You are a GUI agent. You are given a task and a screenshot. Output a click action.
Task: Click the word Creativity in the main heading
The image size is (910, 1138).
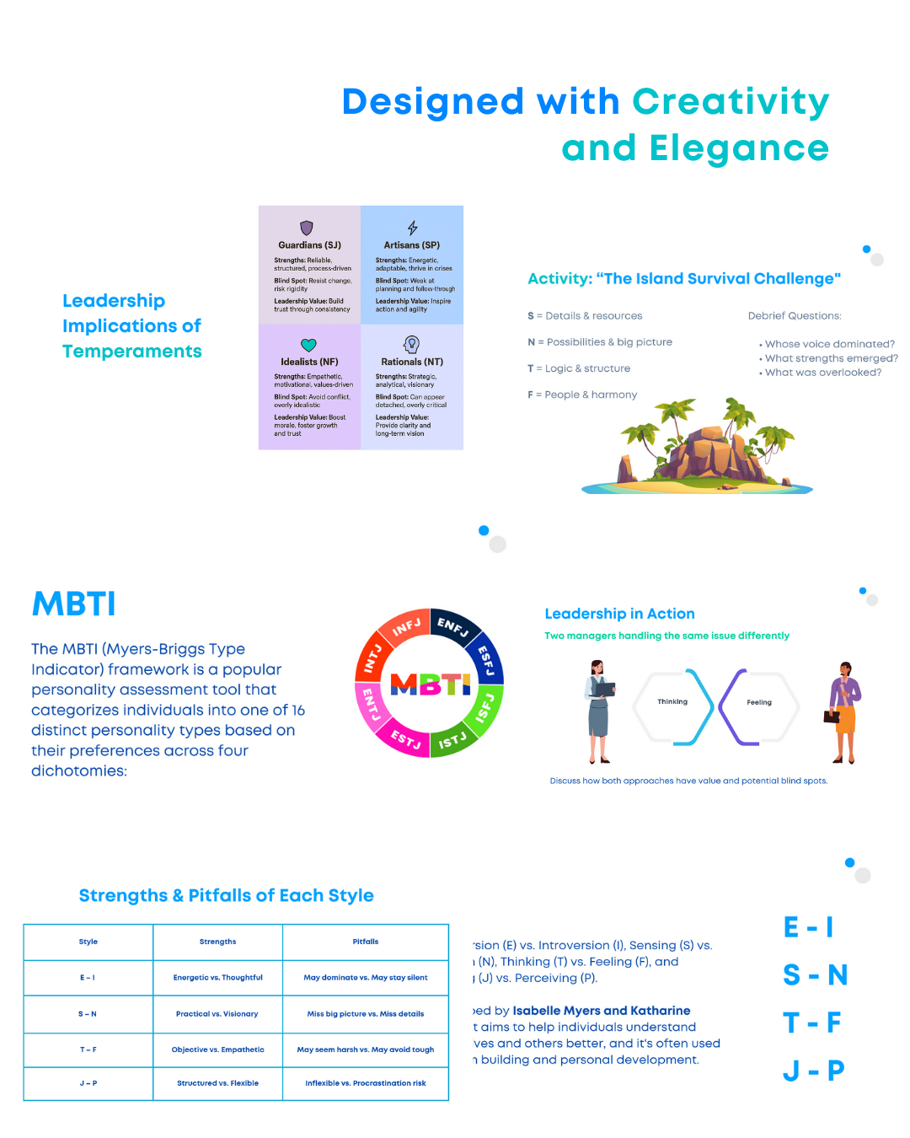click(731, 103)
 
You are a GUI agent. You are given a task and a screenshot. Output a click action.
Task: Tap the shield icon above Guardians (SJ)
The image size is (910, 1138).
click(307, 228)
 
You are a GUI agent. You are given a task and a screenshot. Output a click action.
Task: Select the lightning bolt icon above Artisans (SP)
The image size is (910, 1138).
click(412, 228)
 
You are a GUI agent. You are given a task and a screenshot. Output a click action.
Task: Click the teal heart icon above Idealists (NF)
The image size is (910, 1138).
click(308, 345)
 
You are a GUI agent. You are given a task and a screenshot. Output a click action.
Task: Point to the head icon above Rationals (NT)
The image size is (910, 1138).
click(411, 344)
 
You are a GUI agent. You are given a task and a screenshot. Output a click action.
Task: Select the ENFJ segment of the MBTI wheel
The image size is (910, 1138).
click(452, 625)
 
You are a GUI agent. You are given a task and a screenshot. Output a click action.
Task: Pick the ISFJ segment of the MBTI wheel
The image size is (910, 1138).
click(485, 707)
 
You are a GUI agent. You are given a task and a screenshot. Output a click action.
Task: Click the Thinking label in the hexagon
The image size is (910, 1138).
click(672, 701)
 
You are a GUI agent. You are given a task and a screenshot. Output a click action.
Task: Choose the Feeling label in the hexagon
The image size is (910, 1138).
click(759, 702)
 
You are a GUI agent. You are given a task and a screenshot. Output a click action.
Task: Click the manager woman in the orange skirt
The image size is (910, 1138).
click(843, 712)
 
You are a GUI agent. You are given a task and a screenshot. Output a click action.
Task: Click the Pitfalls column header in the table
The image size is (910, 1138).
click(366, 942)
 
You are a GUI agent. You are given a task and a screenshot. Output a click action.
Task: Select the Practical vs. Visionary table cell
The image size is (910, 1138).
click(217, 1014)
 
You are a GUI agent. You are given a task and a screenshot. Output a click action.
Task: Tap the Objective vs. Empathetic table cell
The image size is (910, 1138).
click(217, 1049)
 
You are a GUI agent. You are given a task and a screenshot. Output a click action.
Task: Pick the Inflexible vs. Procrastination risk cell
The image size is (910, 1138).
click(366, 1083)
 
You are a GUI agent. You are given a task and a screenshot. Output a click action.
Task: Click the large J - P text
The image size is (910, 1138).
click(813, 1071)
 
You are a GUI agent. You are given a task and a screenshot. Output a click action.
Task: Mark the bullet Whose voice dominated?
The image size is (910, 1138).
click(829, 344)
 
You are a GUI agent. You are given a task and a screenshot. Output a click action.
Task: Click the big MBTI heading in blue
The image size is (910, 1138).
click(74, 604)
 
